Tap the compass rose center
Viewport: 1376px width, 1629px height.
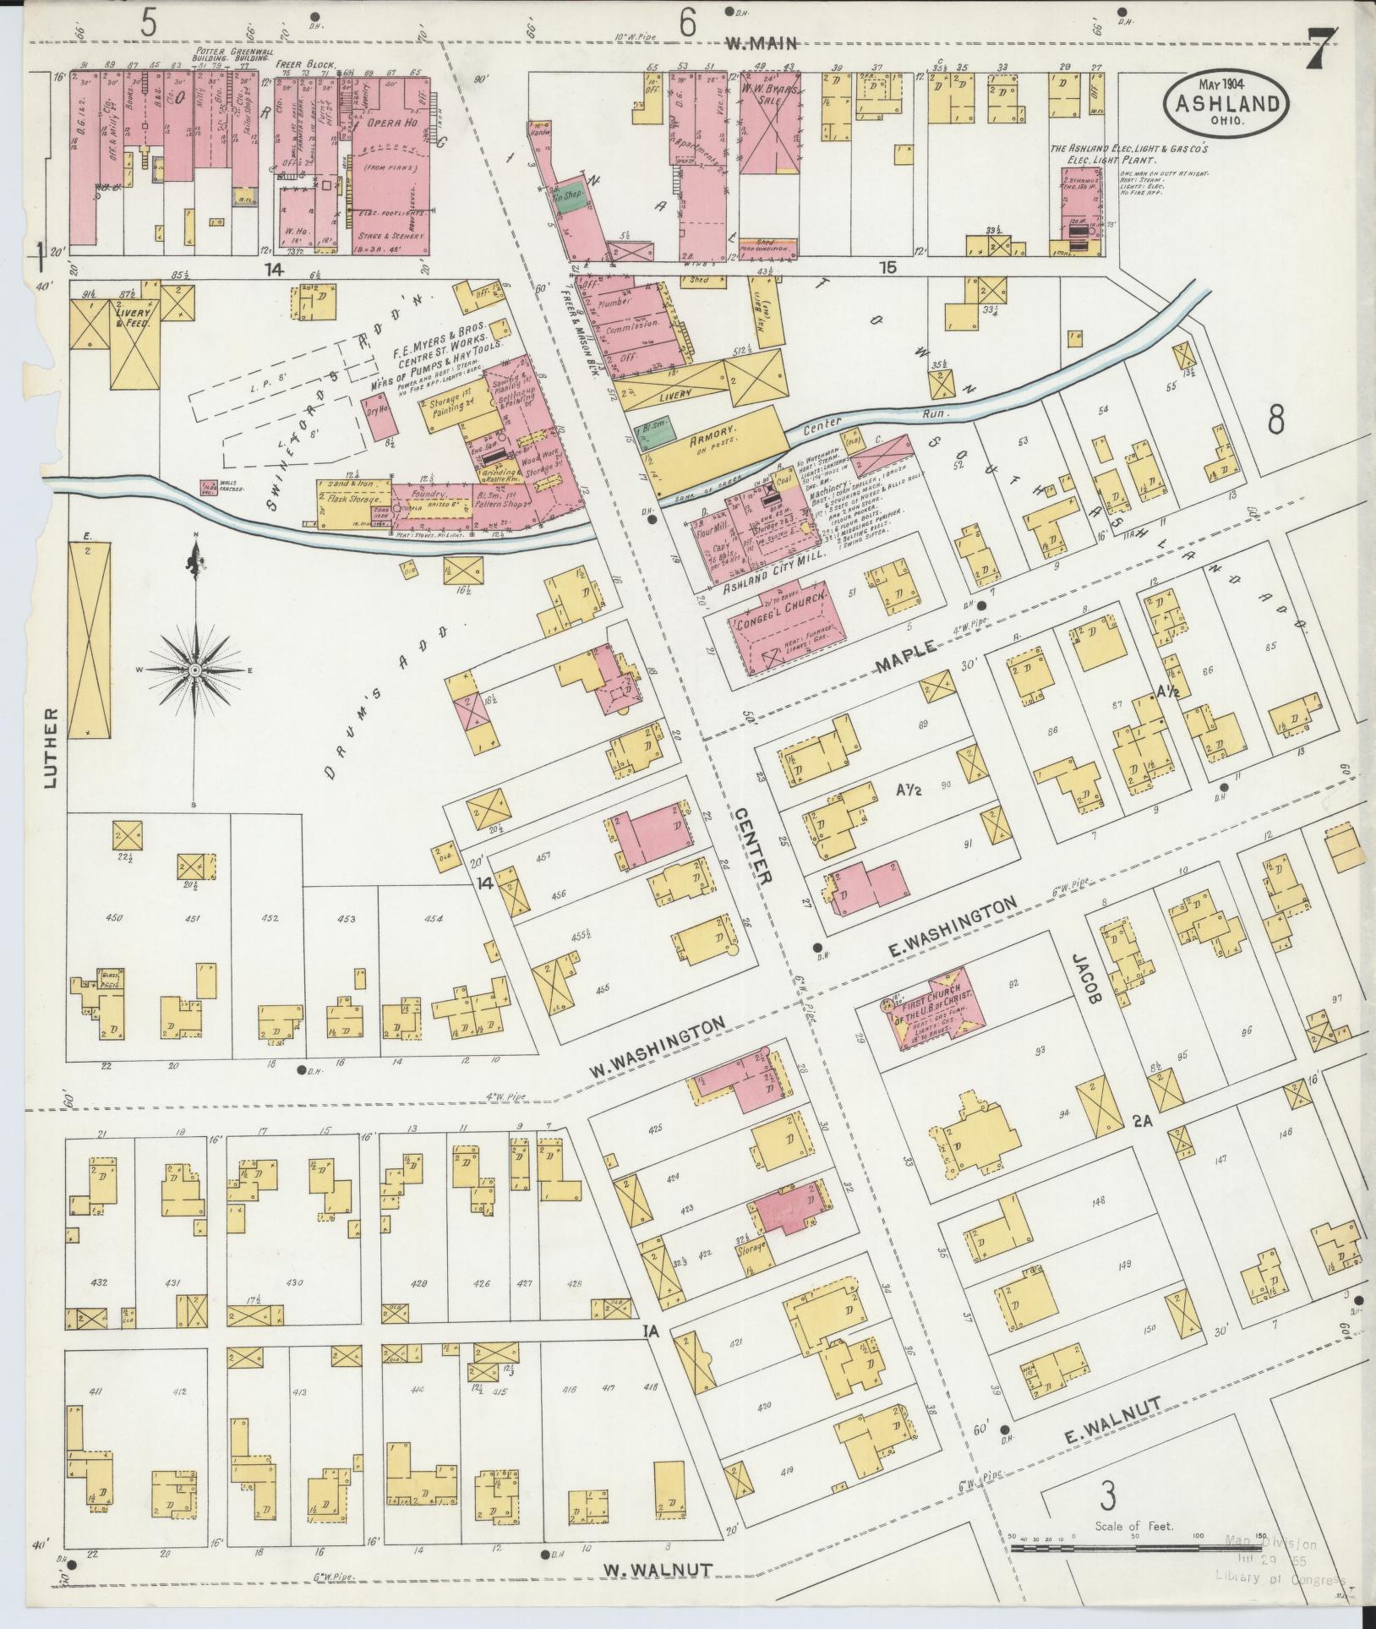pyautogui.click(x=195, y=670)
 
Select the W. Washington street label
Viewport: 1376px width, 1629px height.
pyautogui.click(x=658, y=1047)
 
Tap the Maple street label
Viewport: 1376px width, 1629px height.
pyautogui.click(x=905, y=656)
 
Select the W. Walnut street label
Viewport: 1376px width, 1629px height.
pyautogui.click(x=657, y=1570)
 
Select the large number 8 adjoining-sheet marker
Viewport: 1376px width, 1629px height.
pyautogui.click(x=1276, y=419)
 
